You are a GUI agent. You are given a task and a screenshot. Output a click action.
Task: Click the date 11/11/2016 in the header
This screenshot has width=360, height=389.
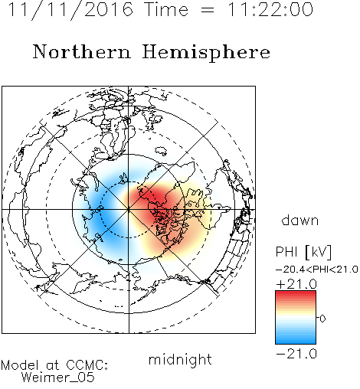(x=70, y=10)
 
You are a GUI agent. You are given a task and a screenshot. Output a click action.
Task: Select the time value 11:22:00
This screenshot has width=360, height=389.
(x=270, y=10)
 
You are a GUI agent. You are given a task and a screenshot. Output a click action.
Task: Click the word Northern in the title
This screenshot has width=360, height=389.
(x=82, y=52)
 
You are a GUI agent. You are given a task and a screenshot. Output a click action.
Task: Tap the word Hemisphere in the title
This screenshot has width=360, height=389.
(x=206, y=53)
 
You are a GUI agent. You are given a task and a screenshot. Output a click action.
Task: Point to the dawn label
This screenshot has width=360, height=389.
(x=300, y=220)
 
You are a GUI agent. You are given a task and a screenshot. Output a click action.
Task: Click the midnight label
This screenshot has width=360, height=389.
(x=180, y=360)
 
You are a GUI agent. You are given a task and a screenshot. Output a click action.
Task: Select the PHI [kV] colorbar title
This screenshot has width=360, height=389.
(x=303, y=252)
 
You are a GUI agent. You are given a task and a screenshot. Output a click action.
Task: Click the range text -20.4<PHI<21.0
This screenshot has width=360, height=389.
(x=317, y=270)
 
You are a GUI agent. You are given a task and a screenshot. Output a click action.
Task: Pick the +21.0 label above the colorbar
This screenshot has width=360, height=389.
(x=296, y=284)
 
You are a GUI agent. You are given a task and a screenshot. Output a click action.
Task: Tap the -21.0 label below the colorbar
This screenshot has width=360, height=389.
(x=296, y=354)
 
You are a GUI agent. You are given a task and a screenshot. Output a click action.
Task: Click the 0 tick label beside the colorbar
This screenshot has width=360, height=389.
(x=322, y=319)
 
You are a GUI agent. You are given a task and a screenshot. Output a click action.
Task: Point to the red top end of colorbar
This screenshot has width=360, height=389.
(x=296, y=293)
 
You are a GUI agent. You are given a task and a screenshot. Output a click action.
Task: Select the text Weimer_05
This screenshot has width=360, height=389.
(x=58, y=378)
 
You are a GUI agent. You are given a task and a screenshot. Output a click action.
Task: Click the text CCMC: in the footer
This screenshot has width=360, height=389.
(x=87, y=365)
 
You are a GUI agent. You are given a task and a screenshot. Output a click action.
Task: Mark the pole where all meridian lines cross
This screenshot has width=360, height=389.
(x=129, y=209)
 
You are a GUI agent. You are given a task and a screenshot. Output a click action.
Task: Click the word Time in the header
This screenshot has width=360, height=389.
(x=166, y=10)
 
